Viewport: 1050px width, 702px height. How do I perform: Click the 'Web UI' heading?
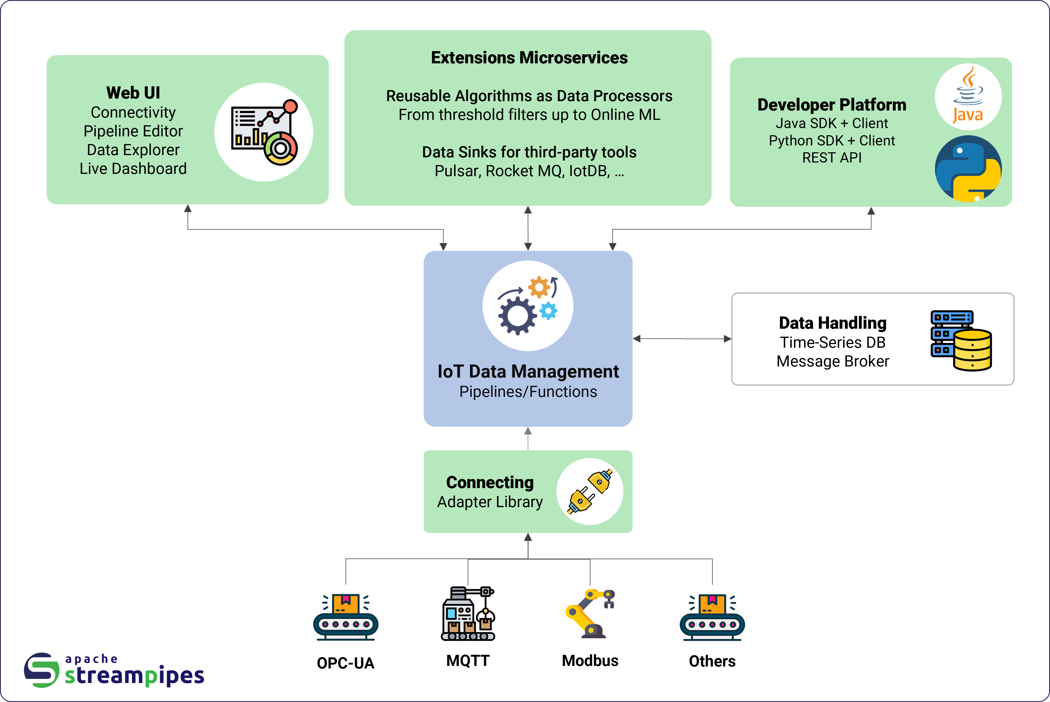[x=133, y=93]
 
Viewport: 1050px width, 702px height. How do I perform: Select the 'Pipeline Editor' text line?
[x=133, y=131]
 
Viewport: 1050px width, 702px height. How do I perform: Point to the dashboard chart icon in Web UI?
[x=264, y=132]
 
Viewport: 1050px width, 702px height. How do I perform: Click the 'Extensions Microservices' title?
[x=529, y=58]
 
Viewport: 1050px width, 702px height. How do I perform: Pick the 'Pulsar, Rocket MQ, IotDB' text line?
[x=529, y=171]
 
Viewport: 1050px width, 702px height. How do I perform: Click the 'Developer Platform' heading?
[x=831, y=105]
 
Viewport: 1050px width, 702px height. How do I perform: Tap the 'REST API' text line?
[x=831, y=158]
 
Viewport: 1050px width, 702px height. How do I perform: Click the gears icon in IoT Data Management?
[x=527, y=306]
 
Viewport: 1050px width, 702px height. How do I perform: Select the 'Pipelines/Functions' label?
[x=528, y=392]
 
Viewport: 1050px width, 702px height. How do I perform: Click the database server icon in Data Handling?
[x=961, y=340]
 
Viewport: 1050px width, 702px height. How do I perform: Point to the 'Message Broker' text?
[x=832, y=361]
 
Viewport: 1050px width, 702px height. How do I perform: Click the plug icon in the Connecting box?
[x=590, y=491]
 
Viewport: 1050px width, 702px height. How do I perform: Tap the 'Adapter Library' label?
[x=490, y=502]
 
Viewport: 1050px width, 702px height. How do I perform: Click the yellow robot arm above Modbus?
[x=590, y=613]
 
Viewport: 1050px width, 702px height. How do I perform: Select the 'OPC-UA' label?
[x=345, y=663]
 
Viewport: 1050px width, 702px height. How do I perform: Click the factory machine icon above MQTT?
[x=468, y=613]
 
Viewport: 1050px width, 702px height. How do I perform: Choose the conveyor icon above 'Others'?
[x=712, y=617]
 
